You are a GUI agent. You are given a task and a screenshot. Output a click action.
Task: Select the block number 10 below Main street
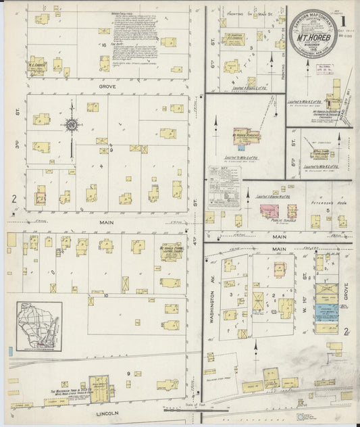106,295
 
